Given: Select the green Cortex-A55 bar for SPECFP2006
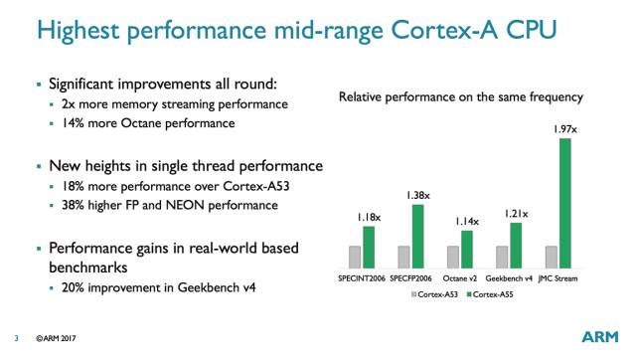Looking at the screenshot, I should [417, 237].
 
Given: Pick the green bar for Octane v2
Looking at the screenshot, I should [467, 250].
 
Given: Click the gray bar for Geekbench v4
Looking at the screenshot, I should [501, 258].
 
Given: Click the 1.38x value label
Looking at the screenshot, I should [417, 196].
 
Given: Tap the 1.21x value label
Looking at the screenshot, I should [516, 214].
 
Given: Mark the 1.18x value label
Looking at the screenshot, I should [369, 218].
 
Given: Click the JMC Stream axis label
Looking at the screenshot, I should [559, 277].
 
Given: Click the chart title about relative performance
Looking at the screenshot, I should [460, 97].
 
